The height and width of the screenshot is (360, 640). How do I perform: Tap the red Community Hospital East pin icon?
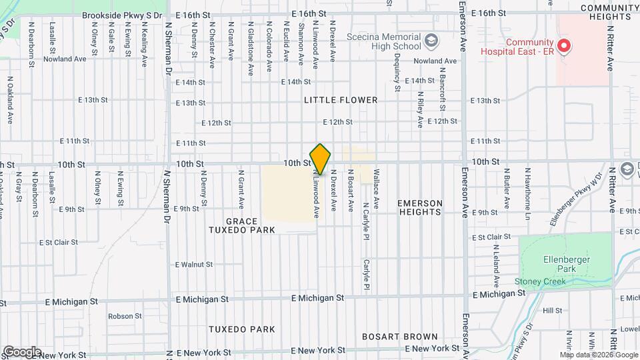[564, 46]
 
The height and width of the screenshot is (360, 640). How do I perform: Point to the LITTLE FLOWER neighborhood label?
[341, 100]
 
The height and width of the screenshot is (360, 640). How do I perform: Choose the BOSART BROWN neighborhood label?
[400, 337]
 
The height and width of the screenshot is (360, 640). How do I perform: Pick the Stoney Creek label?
[540, 281]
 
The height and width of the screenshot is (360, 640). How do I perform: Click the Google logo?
[22, 351]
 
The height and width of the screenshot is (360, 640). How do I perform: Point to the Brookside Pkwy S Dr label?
[122, 14]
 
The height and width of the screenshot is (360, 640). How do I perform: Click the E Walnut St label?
[194, 265]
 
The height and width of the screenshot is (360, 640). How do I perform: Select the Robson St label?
[121, 316]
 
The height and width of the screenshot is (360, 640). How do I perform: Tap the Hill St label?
[553, 311]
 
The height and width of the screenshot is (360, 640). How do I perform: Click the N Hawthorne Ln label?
[527, 194]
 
